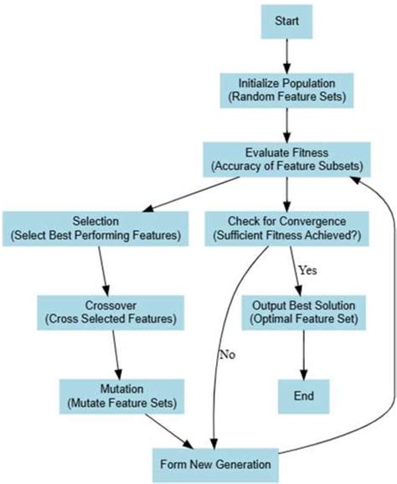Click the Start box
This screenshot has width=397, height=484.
tap(286, 19)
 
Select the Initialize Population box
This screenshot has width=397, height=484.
tap(286, 90)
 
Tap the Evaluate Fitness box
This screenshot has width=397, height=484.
tap(286, 159)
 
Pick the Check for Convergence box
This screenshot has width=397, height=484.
tap(287, 229)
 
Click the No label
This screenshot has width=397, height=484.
tap(227, 354)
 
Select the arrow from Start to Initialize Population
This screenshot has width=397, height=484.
tap(286, 54)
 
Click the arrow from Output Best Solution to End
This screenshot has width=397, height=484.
tap(304, 353)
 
